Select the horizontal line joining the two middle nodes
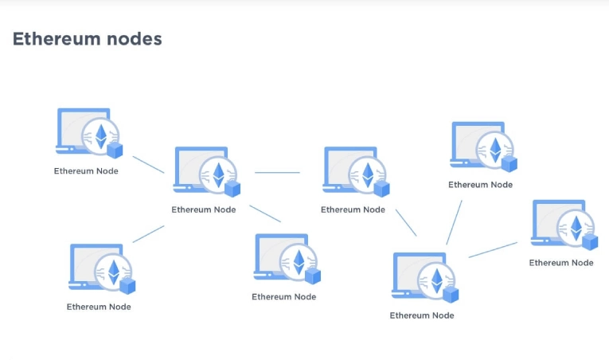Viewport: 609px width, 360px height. point(277,172)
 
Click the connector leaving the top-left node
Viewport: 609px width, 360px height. point(147,164)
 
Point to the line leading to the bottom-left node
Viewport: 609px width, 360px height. point(148,233)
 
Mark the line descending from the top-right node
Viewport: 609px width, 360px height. point(454,222)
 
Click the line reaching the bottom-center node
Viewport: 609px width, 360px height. point(265,213)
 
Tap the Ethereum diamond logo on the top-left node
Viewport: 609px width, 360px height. point(101,135)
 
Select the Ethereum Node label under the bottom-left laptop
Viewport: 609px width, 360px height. point(99,307)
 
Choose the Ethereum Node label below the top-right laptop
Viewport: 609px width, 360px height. point(480,185)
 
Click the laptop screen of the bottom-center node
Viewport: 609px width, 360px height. point(271,255)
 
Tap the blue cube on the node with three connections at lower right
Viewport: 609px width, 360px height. point(451,294)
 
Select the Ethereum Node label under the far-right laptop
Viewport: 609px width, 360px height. point(561,263)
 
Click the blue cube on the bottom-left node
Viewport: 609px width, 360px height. point(127,284)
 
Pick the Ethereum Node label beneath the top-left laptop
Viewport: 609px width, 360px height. point(86,170)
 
